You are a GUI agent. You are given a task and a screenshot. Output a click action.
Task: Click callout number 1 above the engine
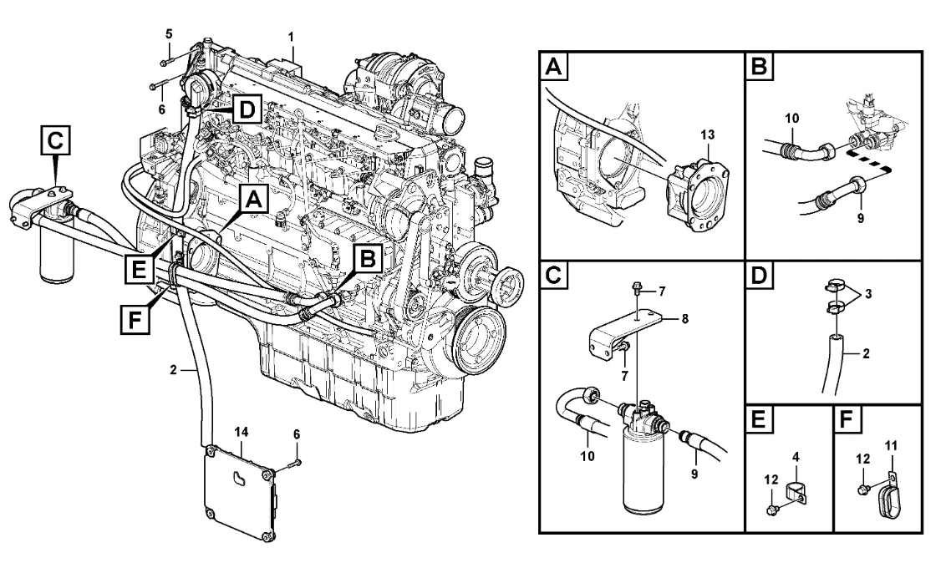pos(291,37)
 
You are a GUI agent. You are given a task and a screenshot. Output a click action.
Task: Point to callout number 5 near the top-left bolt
pos(168,34)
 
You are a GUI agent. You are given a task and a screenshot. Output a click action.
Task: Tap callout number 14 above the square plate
pos(242,431)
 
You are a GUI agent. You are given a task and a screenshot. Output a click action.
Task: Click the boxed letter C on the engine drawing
pos(54,142)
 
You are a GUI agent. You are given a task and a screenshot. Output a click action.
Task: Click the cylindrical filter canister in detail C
pos(643,472)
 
